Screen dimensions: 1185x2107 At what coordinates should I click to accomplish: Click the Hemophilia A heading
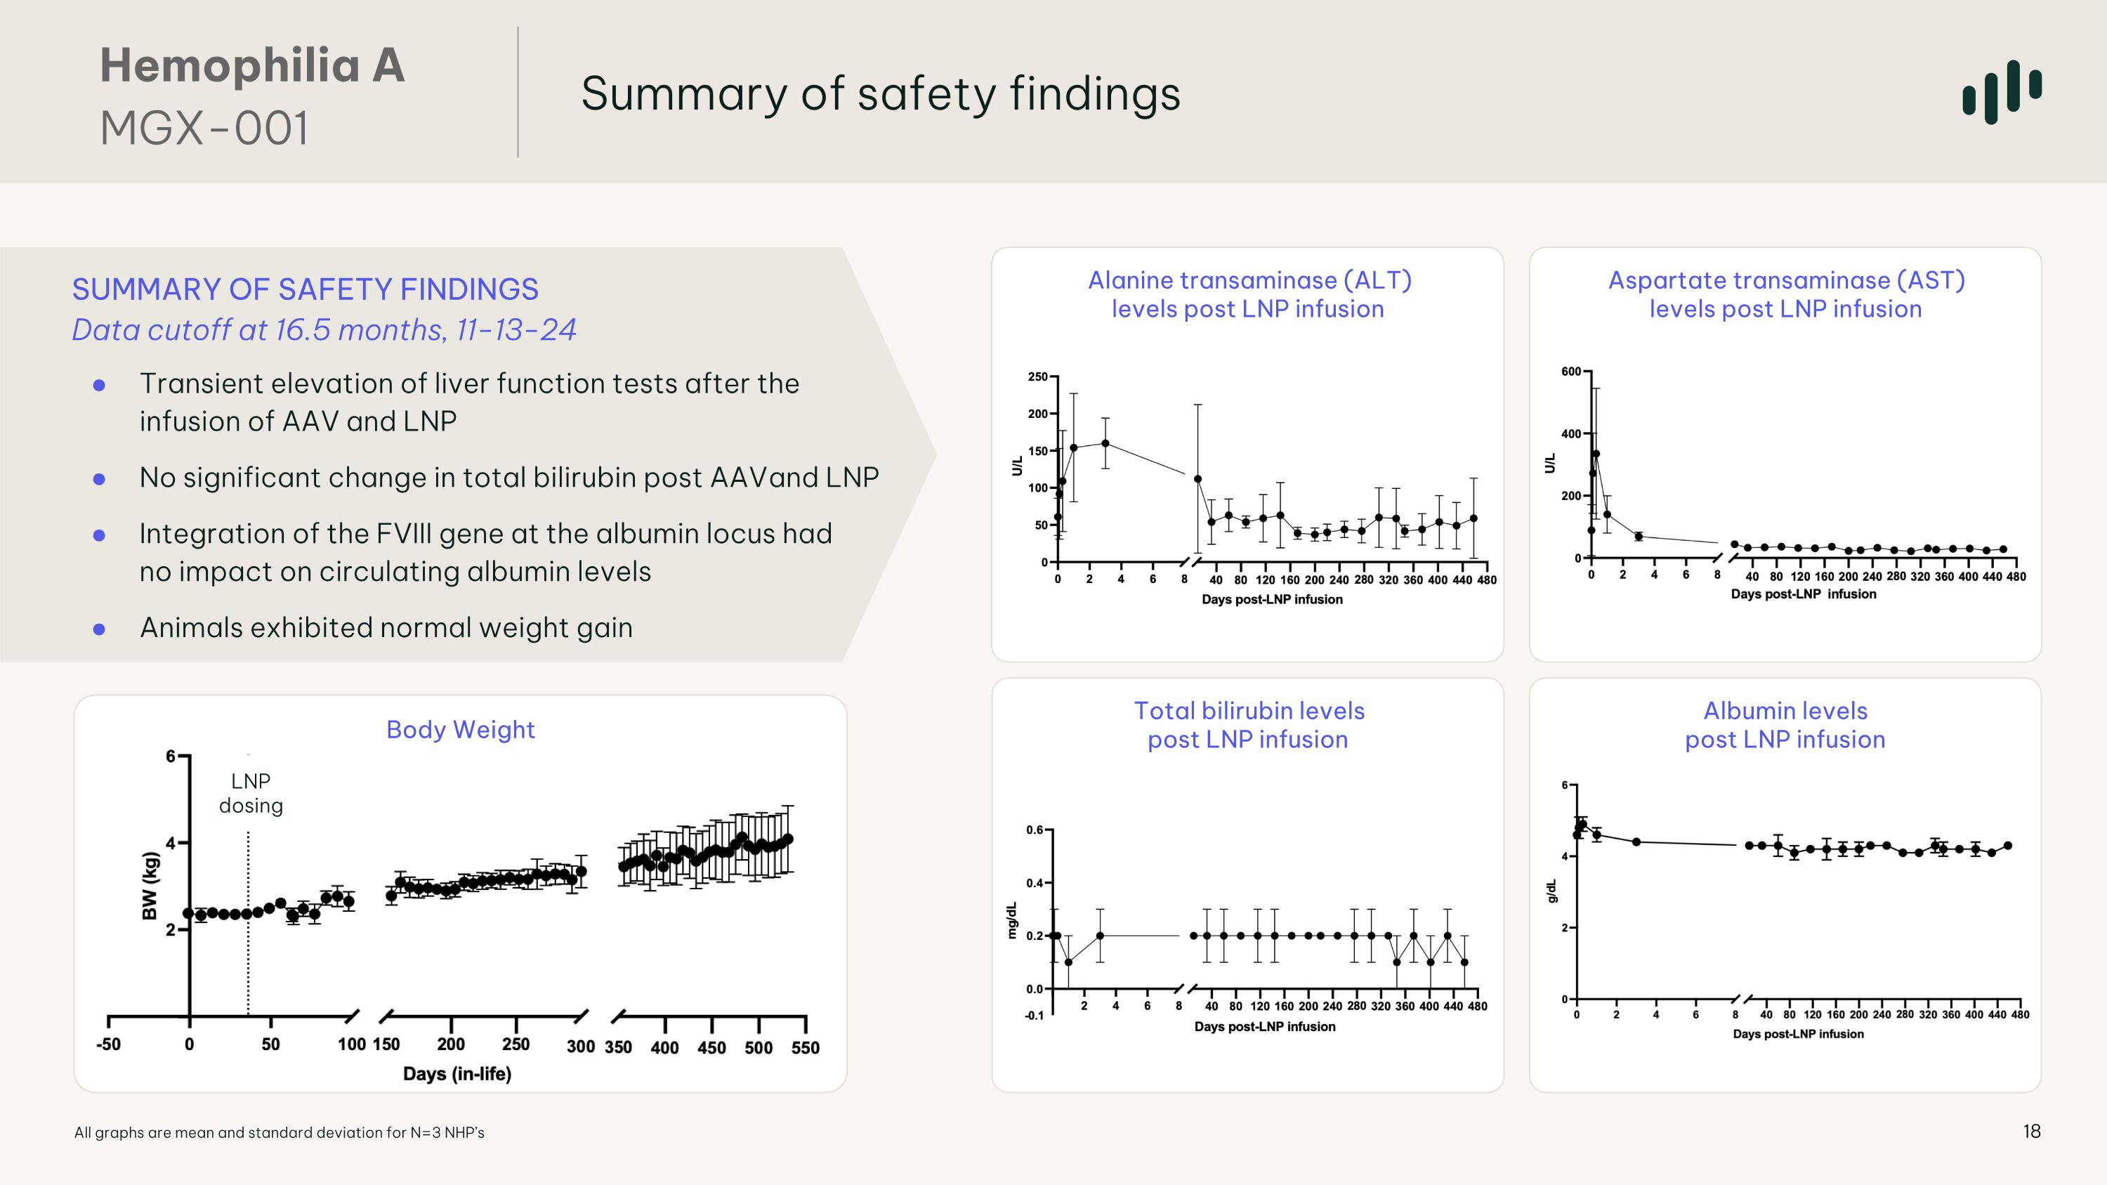coord(252,65)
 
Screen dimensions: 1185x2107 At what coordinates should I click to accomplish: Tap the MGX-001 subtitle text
coord(204,129)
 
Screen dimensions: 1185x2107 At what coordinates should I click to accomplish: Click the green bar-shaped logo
coord(2002,91)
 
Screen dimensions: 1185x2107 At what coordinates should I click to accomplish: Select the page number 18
coord(2032,1131)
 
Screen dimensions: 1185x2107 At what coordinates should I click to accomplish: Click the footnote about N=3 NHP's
coord(279,1132)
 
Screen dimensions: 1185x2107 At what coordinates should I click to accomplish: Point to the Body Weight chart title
coord(461,730)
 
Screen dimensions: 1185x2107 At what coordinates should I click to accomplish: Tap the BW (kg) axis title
coord(150,886)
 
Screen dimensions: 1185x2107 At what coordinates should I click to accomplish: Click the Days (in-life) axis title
coord(457,1074)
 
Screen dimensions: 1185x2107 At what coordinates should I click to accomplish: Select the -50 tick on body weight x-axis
coord(108,1045)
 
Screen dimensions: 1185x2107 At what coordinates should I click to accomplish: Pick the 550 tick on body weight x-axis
coord(805,1047)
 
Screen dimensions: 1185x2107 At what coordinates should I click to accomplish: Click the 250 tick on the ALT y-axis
coord(1037,377)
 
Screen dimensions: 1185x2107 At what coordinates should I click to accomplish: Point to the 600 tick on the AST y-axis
coord(1570,372)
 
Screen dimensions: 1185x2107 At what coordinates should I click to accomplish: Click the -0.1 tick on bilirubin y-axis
coord(1034,1016)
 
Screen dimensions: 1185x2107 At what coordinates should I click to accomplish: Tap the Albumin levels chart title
coord(1785,725)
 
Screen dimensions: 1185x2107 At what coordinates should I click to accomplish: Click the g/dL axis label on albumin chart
coord(1551,891)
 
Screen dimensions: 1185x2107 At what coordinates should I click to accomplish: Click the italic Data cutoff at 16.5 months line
coord(324,329)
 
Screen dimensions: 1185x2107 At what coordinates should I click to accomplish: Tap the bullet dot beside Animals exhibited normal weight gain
coord(99,629)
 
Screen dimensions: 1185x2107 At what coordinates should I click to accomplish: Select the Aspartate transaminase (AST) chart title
coord(1785,294)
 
